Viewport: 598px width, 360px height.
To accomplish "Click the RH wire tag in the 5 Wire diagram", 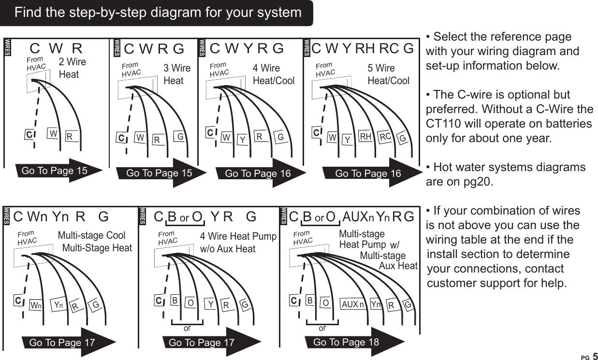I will click(365, 137).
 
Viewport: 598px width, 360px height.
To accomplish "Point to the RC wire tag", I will click(385, 137).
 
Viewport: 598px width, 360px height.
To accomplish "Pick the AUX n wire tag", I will click(352, 305).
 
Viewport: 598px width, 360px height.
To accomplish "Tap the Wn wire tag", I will click(35, 306).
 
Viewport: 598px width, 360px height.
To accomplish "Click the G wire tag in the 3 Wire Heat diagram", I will click(180, 137).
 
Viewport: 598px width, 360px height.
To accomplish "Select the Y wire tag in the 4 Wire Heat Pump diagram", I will click(211, 304).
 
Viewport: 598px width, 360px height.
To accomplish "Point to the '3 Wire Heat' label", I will click(177, 74).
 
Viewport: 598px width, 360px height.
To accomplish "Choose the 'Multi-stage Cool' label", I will click(91, 236).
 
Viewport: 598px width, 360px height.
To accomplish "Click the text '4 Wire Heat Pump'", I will click(238, 236).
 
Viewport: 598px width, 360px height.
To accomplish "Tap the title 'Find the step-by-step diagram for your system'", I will click(158, 13).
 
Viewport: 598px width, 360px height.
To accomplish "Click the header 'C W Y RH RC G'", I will click(363, 48).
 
